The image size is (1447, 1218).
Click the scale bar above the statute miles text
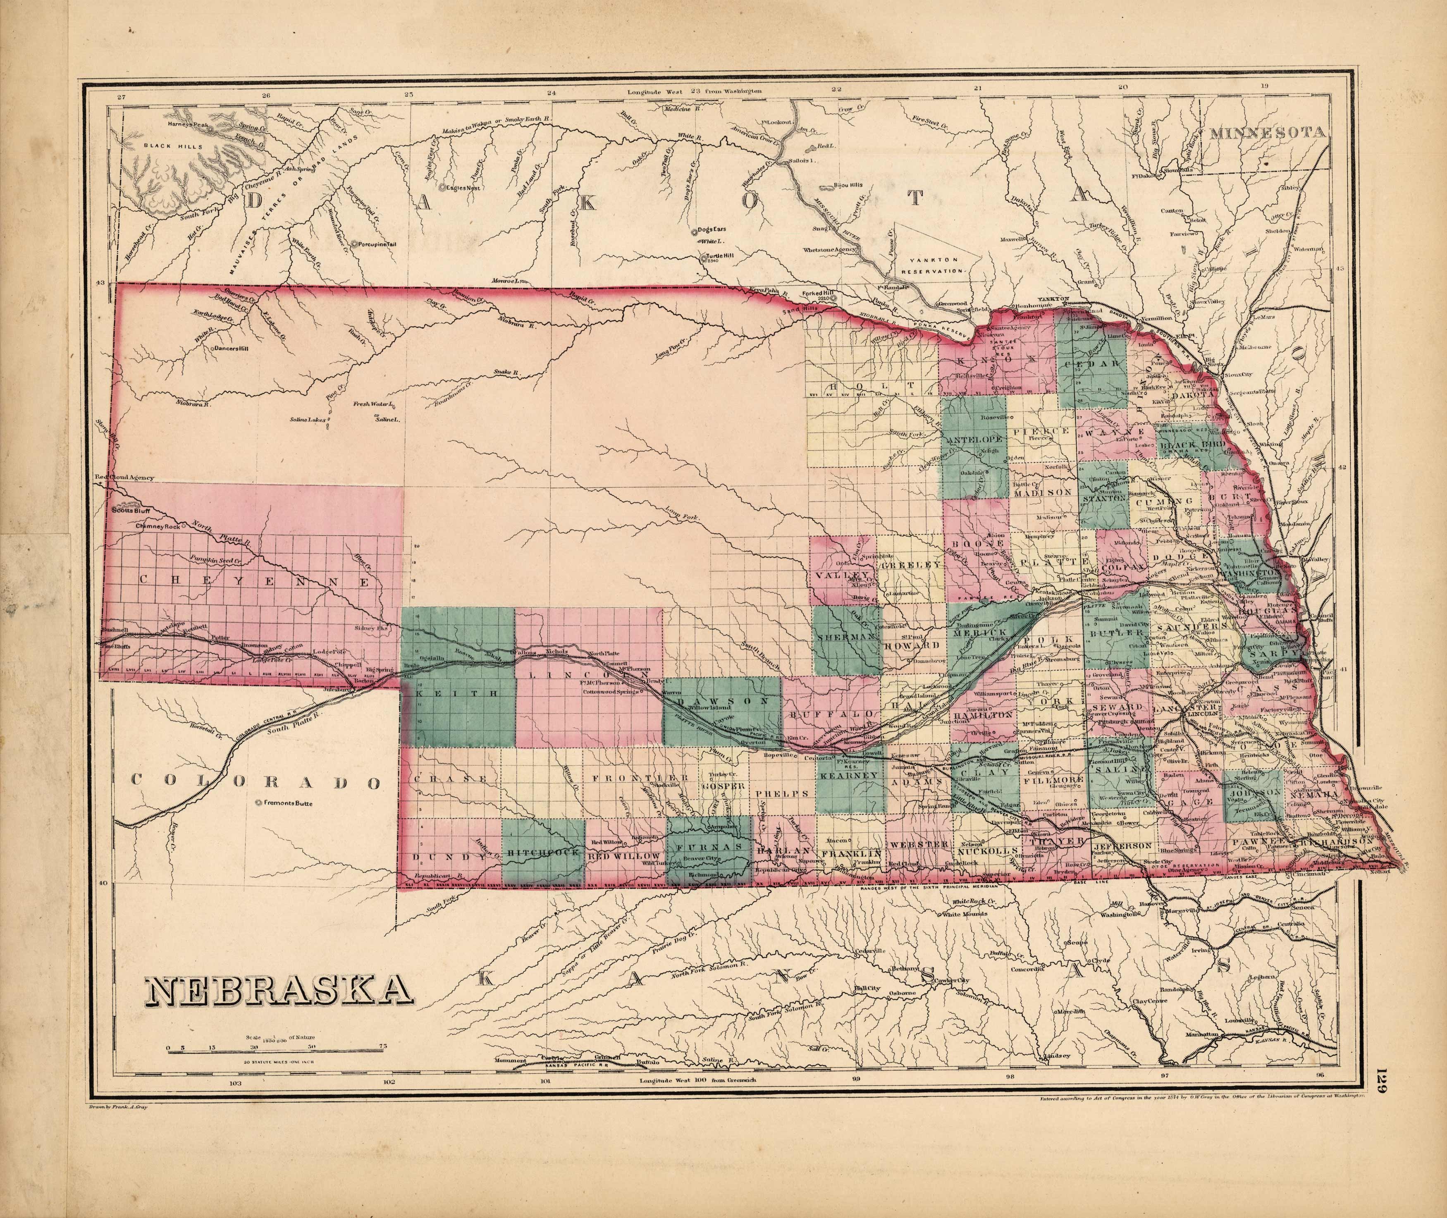(276, 1069)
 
